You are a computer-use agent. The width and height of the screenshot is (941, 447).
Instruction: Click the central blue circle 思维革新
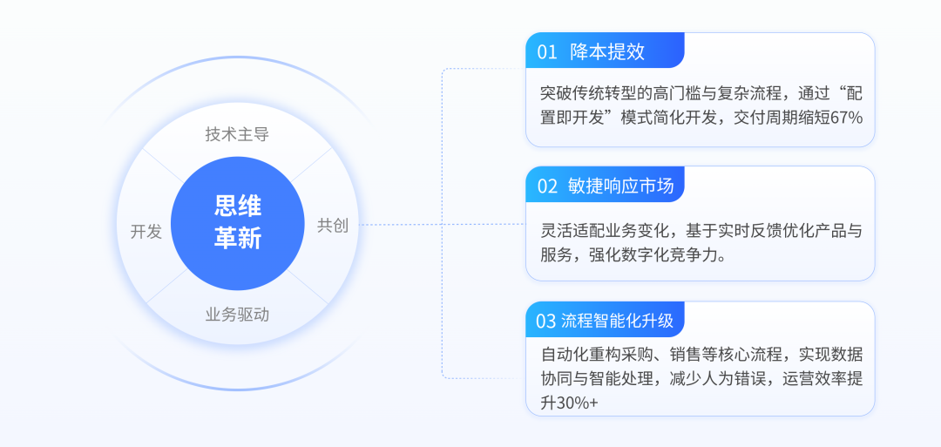(x=237, y=222)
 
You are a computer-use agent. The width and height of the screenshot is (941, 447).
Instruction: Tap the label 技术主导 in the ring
(x=237, y=134)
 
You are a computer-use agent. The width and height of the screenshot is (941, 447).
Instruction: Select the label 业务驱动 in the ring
(x=237, y=315)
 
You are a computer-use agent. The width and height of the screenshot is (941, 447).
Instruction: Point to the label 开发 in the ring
(x=146, y=231)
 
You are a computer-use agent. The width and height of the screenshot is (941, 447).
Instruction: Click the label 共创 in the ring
(x=332, y=226)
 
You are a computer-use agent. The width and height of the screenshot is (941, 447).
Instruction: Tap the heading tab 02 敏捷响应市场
(x=605, y=186)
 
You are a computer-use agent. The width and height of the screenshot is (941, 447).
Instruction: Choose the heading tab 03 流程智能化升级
(x=605, y=321)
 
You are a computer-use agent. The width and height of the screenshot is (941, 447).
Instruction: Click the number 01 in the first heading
(x=547, y=51)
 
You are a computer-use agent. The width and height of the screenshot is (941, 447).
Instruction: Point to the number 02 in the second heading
(x=547, y=186)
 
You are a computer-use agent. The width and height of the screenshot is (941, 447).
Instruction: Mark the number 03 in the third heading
(x=546, y=321)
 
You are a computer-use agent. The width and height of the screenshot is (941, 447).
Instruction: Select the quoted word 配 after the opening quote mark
(x=854, y=93)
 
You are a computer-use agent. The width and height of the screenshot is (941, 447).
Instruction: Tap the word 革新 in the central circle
(x=237, y=239)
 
